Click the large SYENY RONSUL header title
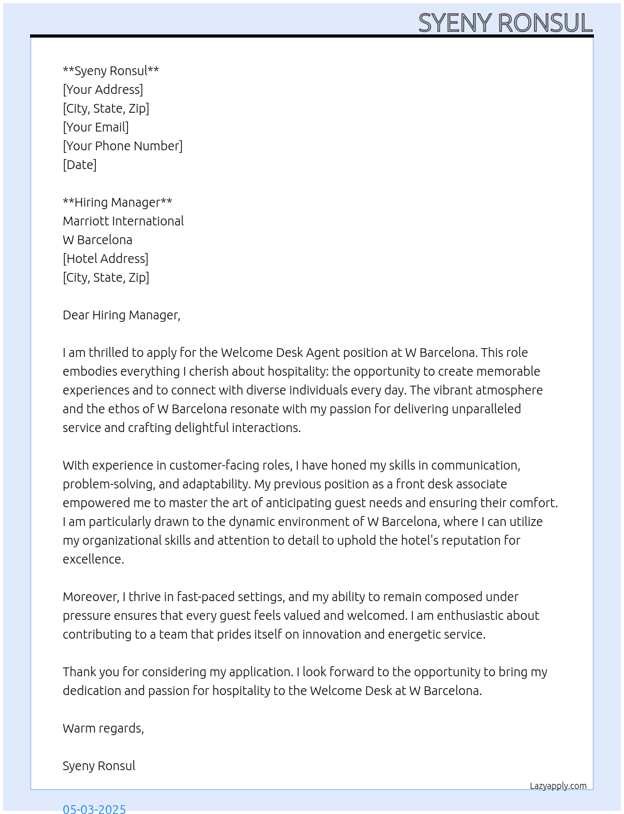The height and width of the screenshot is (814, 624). [505, 23]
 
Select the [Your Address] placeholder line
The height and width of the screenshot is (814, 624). [103, 90]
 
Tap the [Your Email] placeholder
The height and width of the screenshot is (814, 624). [96, 127]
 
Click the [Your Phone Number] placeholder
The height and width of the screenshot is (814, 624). [123, 146]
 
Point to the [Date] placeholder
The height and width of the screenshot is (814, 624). [80, 165]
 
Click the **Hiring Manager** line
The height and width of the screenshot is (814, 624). [117, 202]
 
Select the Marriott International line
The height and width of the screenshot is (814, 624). [123, 221]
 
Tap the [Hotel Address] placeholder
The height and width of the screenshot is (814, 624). [105, 259]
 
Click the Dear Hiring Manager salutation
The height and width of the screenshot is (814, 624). [122, 315]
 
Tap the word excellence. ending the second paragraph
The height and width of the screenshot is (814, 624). [93, 559]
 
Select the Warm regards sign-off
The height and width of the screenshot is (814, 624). [103, 728]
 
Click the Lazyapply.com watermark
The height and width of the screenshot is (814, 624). [558, 786]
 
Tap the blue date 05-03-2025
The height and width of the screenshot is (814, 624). [95, 808]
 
